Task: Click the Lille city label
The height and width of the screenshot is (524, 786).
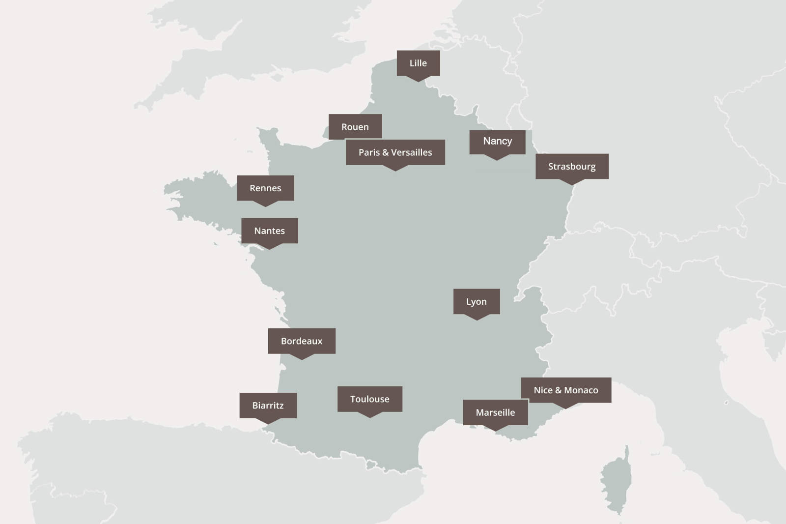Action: (418, 63)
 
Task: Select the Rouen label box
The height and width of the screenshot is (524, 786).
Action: (355, 127)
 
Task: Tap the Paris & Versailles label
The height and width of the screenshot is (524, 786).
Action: (395, 152)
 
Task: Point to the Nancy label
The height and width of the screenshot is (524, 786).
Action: (497, 142)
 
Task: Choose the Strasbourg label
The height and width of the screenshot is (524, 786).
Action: (572, 167)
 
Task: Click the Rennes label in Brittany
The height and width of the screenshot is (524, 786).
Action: (265, 188)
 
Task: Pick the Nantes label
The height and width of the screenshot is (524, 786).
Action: (269, 231)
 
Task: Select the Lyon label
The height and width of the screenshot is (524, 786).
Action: (476, 302)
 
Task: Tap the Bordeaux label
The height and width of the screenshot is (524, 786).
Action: (302, 341)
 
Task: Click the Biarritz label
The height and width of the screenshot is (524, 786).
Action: (268, 406)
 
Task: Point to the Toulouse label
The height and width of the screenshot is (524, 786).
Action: (369, 399)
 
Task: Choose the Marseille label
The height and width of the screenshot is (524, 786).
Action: (495, 412)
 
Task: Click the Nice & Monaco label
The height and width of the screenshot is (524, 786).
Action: (566, 390)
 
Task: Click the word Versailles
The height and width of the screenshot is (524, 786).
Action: (412, 152)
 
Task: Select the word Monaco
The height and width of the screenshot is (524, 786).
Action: (581, 390)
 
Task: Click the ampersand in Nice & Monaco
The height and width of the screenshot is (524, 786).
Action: (558, 390)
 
